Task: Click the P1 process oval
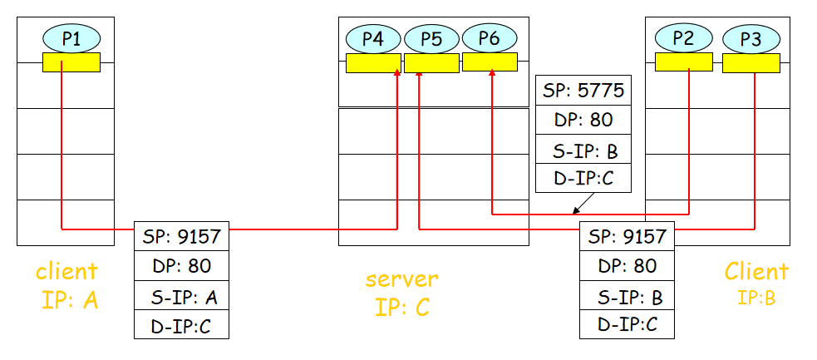click(x=71, y=37)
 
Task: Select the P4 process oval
click(x=373, y=38)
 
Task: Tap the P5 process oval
click(x=431, y=38)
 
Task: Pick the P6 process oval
click(x=490, y=37)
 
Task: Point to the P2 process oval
click(x=683, y=37)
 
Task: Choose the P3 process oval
click(x=751, y=38)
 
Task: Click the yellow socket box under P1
click(x=71, y=62)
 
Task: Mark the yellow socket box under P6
click(x=490, y=62)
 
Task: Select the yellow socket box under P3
click(x=751, y=62)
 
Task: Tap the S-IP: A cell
click(x=181, y=296)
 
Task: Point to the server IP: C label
click(x=401, y=292)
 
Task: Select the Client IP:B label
click(x=755, y=284)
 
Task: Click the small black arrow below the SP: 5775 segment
click(x=578, y=205)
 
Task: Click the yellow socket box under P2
click(x=683, y=62)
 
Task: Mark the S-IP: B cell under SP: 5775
click(x=583, y=150)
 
